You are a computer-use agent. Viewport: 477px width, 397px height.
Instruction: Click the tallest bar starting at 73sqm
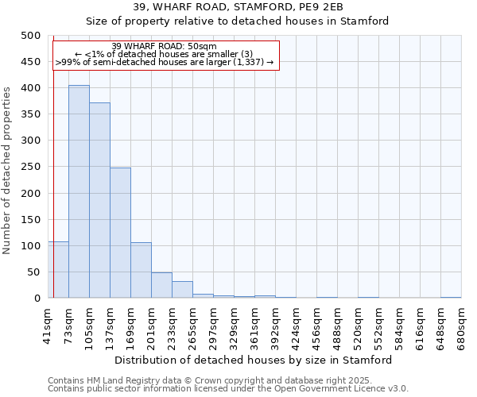click(x=79, y=191)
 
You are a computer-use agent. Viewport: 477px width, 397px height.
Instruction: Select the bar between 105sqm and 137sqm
click(x=99, y=200)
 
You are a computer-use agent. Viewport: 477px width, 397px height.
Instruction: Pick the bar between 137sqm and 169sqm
click(x=120, y=233)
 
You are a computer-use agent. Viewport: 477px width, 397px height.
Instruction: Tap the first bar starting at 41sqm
click(x=58, y=270)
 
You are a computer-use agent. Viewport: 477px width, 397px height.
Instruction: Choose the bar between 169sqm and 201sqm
click(x=141, y=270)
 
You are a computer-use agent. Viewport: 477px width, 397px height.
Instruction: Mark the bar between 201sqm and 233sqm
click(x=161, y=285)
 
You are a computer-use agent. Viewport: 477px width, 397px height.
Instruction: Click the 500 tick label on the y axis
click(x=31, y=36)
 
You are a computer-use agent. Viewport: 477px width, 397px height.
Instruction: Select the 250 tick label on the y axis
click(x=31, y=167)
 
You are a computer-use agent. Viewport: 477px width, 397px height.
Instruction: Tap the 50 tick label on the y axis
click(x=34, y=272)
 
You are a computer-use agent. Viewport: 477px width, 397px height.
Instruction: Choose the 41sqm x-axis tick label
click(x=48, y=323)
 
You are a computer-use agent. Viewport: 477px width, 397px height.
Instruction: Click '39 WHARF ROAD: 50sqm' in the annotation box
click(x=165, y=46)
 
